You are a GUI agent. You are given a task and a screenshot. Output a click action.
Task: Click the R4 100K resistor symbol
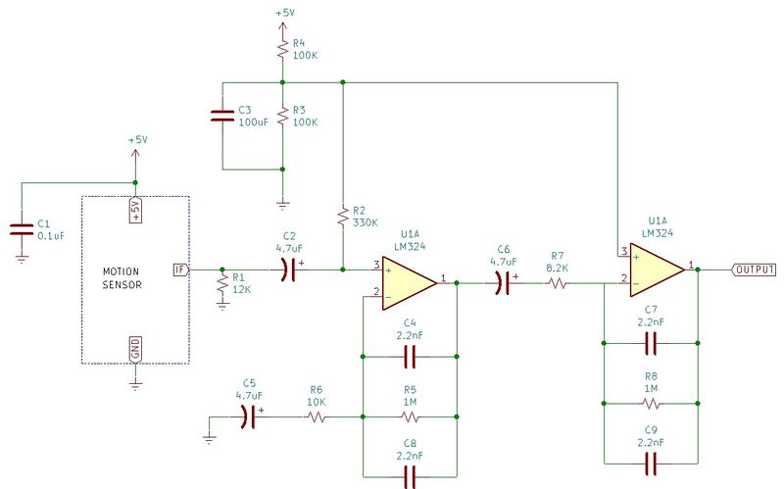point(282,49)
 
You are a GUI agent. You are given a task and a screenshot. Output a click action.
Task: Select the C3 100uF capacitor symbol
point(222,116)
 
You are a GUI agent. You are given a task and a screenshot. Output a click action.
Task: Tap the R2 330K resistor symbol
point(343,216)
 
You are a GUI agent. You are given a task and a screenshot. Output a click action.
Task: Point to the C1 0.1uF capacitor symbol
point(22,229)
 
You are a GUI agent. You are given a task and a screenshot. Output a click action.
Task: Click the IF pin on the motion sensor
point(180,270)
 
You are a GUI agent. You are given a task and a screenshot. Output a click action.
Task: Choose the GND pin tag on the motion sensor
point(135,349)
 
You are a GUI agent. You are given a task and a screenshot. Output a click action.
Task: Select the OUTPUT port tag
point(755,269)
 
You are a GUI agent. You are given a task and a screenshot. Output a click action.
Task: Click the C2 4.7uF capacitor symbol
point(288,270)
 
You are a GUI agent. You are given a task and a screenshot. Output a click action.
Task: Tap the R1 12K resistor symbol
point(222,284)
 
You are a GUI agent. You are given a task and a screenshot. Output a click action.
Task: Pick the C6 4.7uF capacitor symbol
point(503,283)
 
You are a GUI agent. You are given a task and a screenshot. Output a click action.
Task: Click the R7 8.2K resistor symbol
point(558,283)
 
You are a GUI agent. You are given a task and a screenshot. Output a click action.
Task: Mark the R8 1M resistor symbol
point(651,404)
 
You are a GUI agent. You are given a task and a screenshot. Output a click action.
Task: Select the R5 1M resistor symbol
point(410,416)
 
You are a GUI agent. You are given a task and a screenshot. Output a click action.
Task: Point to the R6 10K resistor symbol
point(317,416)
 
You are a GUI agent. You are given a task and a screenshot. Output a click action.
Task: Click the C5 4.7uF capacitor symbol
point(249,416)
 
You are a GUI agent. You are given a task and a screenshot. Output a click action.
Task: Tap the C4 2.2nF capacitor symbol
point(410,357)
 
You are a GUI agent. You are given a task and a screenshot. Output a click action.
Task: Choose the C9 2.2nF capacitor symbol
point(651,464)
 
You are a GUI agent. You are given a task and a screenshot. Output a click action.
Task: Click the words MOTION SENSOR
point(122,278)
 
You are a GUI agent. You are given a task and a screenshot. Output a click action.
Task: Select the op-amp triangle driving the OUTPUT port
point(657,270)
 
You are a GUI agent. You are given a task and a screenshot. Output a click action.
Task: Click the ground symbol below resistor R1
point(222,306)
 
